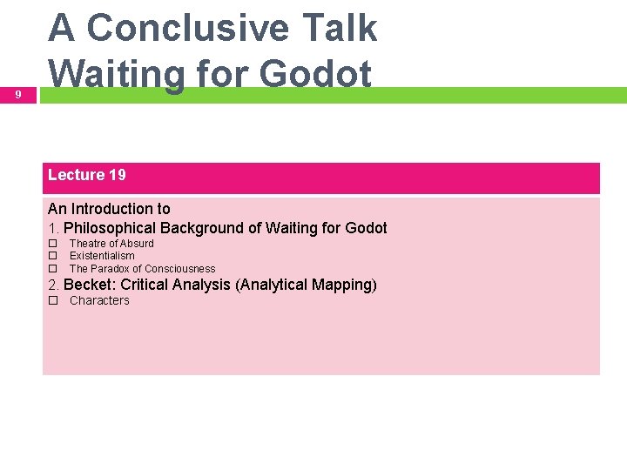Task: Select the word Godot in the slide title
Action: [x=315, y=74]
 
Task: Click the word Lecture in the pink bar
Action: [x=76, y=175]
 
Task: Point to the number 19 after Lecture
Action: [x=117, y=175]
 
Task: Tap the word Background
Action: [x=201, y=228]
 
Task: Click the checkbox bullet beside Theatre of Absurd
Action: [x=52, y=244]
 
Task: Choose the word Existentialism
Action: [x=102, y=256]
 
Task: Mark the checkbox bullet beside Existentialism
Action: [x=52, y=256]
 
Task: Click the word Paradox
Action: [x=111, y=269]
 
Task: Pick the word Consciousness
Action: [x=179, y=269]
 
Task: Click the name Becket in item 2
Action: [x=89, y=285]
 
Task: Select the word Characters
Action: [x=99, y=301]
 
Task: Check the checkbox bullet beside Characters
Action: [x=52, y=301]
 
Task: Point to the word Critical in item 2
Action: [x=145, y=285]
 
